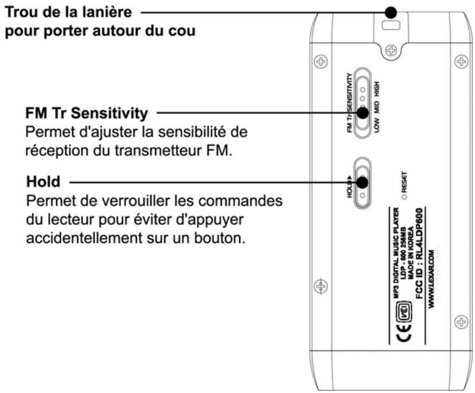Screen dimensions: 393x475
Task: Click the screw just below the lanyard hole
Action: point(391,50)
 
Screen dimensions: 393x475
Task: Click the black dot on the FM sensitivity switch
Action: point(362,112)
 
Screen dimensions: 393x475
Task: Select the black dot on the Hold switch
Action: point(362,182)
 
